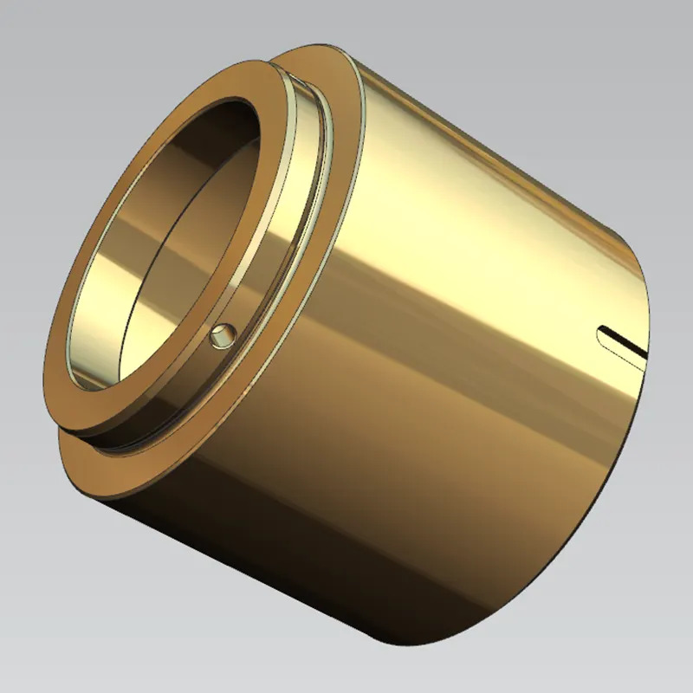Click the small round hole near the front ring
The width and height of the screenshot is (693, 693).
[x=221, y=335]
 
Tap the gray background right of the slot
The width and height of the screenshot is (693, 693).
[x=671, y=346]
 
